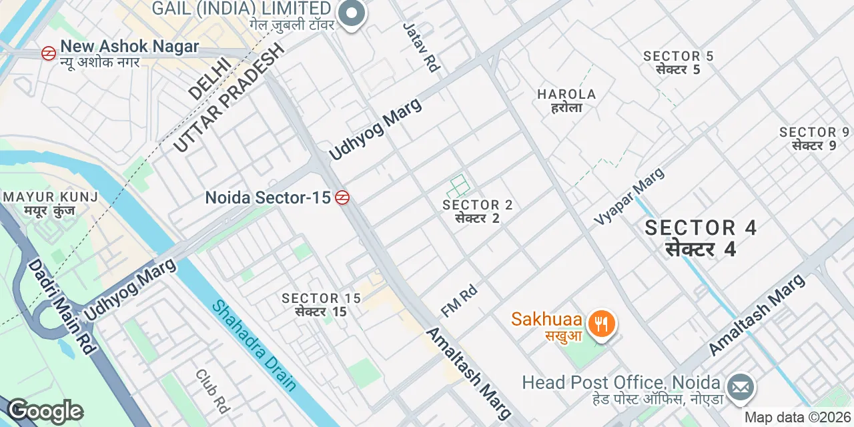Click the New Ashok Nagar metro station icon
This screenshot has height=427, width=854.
49,53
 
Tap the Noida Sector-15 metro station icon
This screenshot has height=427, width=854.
343,197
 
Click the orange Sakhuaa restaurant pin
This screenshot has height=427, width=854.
602,324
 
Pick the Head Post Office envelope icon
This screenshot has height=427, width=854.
741,388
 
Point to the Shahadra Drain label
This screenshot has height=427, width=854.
254,345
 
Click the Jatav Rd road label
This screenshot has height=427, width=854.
422,47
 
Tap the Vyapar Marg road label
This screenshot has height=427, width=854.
630,195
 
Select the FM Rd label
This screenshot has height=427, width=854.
459,301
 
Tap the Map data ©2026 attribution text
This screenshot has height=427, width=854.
798,418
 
